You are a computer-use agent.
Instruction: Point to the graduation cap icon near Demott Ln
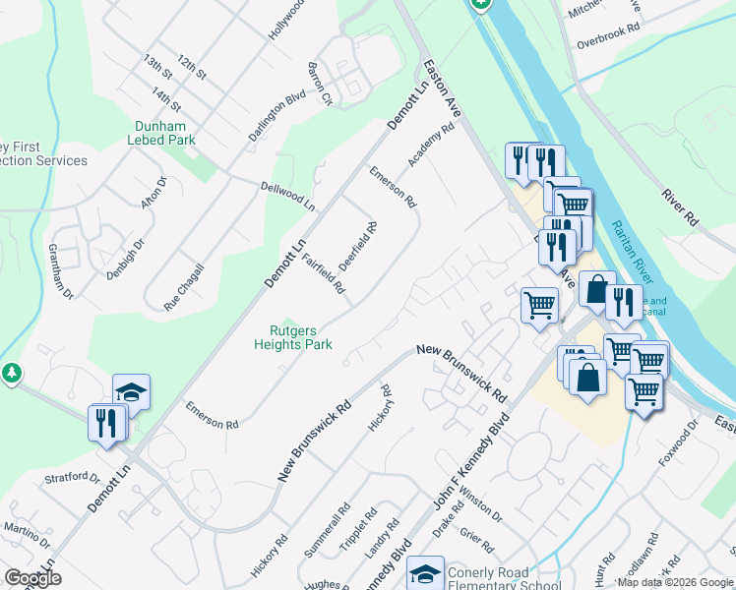click(132, 391)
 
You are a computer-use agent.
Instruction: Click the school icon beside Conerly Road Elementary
click(426, 572)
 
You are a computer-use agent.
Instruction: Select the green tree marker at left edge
click(11, 374)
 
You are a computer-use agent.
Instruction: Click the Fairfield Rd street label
click(323, 274)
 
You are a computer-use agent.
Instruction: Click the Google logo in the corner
click(32, 578)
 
